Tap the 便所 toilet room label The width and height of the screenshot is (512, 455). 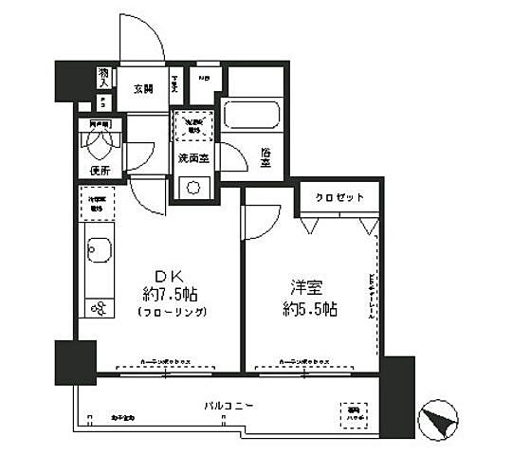[101, 171]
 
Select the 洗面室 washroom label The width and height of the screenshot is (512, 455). [193, 158]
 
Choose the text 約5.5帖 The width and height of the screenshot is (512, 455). [310, 309]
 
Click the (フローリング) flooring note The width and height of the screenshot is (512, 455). [172, 311]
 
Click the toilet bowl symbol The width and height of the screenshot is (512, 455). [99, 143]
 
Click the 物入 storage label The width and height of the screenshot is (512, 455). [103, 75]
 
